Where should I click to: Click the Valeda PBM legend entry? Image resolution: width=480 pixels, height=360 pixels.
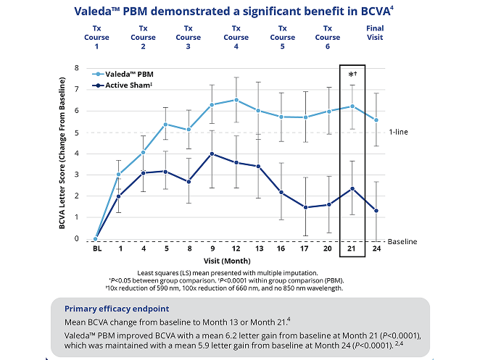[123, 75]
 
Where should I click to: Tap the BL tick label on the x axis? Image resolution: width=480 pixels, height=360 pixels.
[96, 250]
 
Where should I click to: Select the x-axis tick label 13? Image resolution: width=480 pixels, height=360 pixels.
[258, 250]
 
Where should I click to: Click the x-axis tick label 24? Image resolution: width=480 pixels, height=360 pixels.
[376, 250]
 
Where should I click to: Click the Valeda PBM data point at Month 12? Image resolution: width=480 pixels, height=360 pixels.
[236, 100]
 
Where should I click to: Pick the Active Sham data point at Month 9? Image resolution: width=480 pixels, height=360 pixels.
[212, 154]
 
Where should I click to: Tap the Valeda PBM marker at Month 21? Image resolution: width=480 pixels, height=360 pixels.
[352, 106]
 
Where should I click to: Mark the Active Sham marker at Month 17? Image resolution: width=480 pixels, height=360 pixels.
[305, 207]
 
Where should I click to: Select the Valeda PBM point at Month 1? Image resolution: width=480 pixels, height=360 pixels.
[119, 175]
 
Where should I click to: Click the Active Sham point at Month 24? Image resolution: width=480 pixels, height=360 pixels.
[376, 211]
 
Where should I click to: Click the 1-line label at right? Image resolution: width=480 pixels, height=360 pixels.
[400, 132]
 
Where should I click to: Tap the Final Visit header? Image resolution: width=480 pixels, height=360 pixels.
[375, 33]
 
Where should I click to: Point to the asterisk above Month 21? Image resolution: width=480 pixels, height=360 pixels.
[352, 75]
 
